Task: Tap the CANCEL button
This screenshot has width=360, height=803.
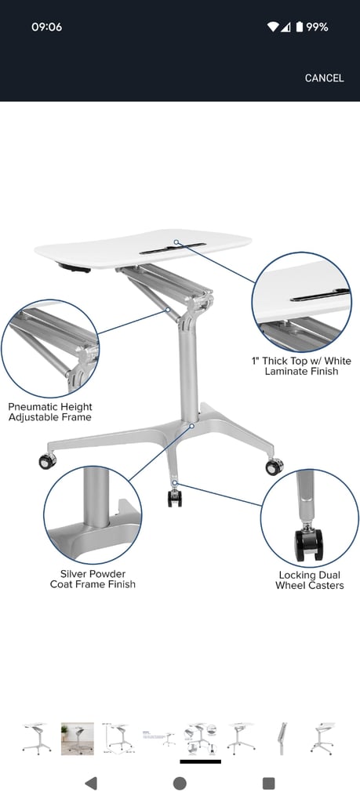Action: click(x=324, y=78)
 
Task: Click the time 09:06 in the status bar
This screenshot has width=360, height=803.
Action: click(x=46, y=27)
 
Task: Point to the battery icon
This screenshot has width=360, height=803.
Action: click(x=299, y=27)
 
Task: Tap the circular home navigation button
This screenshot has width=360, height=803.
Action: click(x=180, y=783)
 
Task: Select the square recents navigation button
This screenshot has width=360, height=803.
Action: click(x=268, y=783)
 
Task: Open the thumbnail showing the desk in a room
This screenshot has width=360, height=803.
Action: click(x=78, y=739)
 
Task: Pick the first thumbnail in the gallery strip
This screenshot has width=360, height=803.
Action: click(x=37, y=739)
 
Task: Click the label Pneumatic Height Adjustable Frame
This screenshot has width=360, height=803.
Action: click(x=50, y=412)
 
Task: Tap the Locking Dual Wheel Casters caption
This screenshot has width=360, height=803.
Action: click(x=309, y=580)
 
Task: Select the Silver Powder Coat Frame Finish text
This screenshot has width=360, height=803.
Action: click(x=93, y=579)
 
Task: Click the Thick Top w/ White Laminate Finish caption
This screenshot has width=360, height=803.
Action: click(x=301, y=365)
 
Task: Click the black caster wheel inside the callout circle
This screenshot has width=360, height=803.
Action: click(x=309, y=544)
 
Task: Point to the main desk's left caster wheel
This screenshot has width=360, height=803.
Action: click(x=48, y=461)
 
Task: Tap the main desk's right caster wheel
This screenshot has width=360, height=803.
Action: click(x=275, y=467)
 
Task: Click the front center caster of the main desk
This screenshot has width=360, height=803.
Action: click(x=175, y=498)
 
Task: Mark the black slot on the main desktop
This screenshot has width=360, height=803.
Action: click(x=173, y=249)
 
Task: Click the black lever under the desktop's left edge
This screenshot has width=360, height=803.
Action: click(x=75, y=267)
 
